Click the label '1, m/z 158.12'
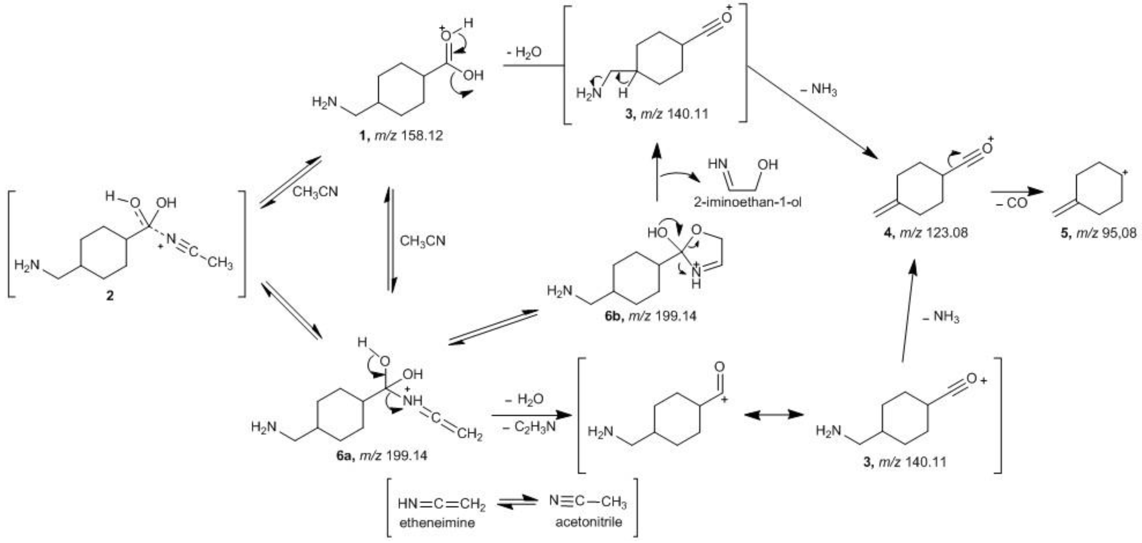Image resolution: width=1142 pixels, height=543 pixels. (x=401, y=135)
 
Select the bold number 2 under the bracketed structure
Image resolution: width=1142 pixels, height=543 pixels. (x=110, y=295)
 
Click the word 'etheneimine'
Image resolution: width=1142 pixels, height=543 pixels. (x=437, y=523)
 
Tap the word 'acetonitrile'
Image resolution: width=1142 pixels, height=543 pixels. (x=588, y=522)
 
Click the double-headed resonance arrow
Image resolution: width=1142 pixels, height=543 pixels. (x=774, y=415)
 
